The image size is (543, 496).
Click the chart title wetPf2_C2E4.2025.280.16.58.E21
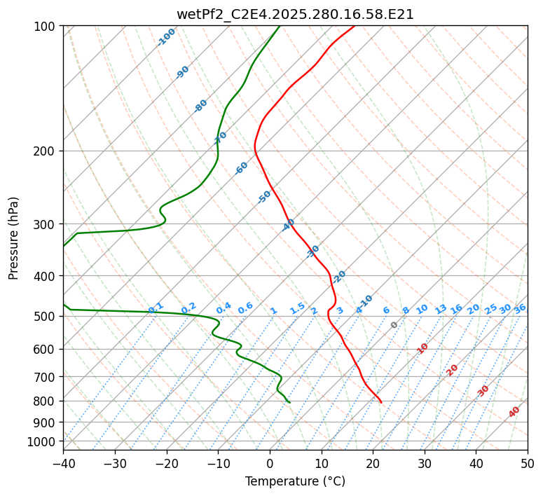pyautogui.click(x=295, y=14)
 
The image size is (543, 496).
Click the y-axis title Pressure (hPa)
pyautogui.click(x=14, y=237)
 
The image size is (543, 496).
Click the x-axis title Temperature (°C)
pyautogui.click(x=295, y=481)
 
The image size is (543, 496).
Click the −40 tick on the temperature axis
pyautogui.click(x=63, y=463)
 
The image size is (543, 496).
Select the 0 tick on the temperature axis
pyautogui.click(x=270, y=463)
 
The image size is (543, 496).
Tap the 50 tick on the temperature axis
pyautogui.click(x=528, y=463)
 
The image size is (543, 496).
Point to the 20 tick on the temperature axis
pyautogui.click(x=373, y=463)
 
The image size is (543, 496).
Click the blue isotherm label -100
pyautogui.click(x=166, y=36)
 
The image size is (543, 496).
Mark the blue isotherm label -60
pyautogui.click(x=242, y=168)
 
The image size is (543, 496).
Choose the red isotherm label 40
pyautogui.click(x=514, y=412)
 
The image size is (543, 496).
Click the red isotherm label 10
pyautogui.click(x=422, y=348)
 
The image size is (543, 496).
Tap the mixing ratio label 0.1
pyautogui.click(x=156, y=308)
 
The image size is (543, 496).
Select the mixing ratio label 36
pyautogui.click(x=520, y=308)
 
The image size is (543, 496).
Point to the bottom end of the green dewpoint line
pyautogui.click(x=289, y=403)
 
